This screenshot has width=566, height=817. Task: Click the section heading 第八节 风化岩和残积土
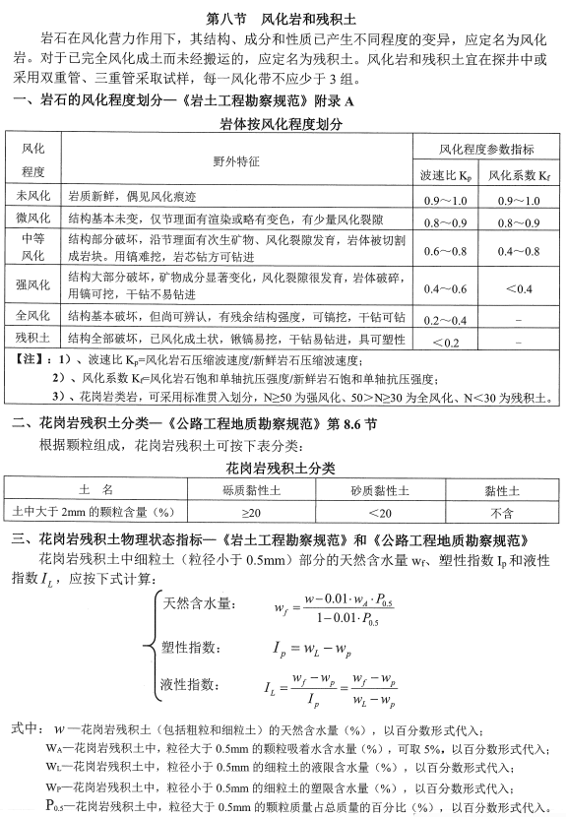tap(283, 18)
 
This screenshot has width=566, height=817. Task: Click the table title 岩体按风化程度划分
tap(283, 126)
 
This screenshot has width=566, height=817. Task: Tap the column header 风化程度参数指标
tap(486, 149)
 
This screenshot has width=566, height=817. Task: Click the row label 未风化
tap(33, 197)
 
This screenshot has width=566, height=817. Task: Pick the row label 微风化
tap(33, 220)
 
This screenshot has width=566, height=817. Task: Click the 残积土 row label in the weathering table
tap(33, 340)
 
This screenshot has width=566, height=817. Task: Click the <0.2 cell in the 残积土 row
tap(445, 342)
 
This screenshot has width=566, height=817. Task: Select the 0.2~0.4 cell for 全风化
tap(445, 321)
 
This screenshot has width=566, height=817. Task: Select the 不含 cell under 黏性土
tap(502, 511)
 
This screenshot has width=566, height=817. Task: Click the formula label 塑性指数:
tap(192, 646)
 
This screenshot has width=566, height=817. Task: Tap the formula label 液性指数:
tap(192, 682)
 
